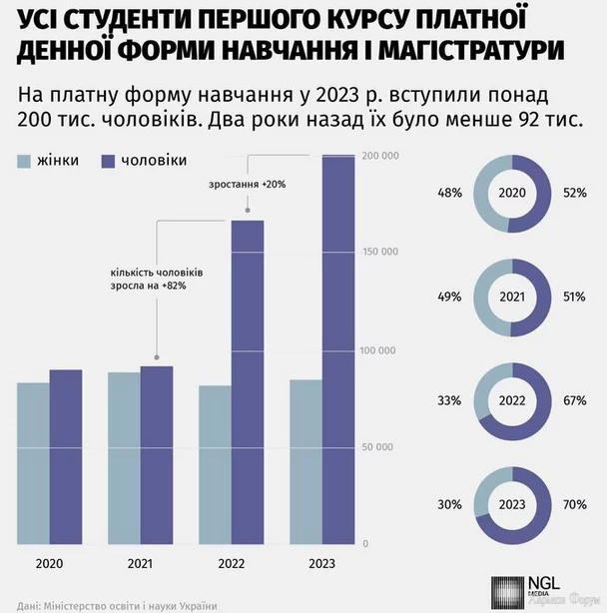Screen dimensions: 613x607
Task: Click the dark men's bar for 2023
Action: pyautogui.click(x=337, y=349)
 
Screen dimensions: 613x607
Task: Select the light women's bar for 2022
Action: pyautogui.click(x=215, y=464)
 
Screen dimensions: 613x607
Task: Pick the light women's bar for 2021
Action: pyautogui.click(x=124, y=458)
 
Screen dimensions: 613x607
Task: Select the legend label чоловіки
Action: pyautogui.click(x=153, y=161)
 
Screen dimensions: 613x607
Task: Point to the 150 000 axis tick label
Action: pyautogui.click(x=380, y=253)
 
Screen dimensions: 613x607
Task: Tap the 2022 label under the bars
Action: pyautogui.click(x=231, y=566)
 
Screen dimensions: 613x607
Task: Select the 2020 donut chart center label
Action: pyautogui.click(x=511, y=193)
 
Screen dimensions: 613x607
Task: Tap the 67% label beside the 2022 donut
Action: pyautogui.click(x=574, y=400)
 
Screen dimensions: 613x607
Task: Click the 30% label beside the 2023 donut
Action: pyautogui.click(x=448, y=504)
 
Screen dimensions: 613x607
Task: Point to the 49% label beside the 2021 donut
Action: pyautogui.click(x=448, y=297)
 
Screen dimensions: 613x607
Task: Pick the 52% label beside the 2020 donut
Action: pyautogui.click(x=574, y=193)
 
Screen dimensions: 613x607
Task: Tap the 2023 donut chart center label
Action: pyautogui.click(x=511, y=504)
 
